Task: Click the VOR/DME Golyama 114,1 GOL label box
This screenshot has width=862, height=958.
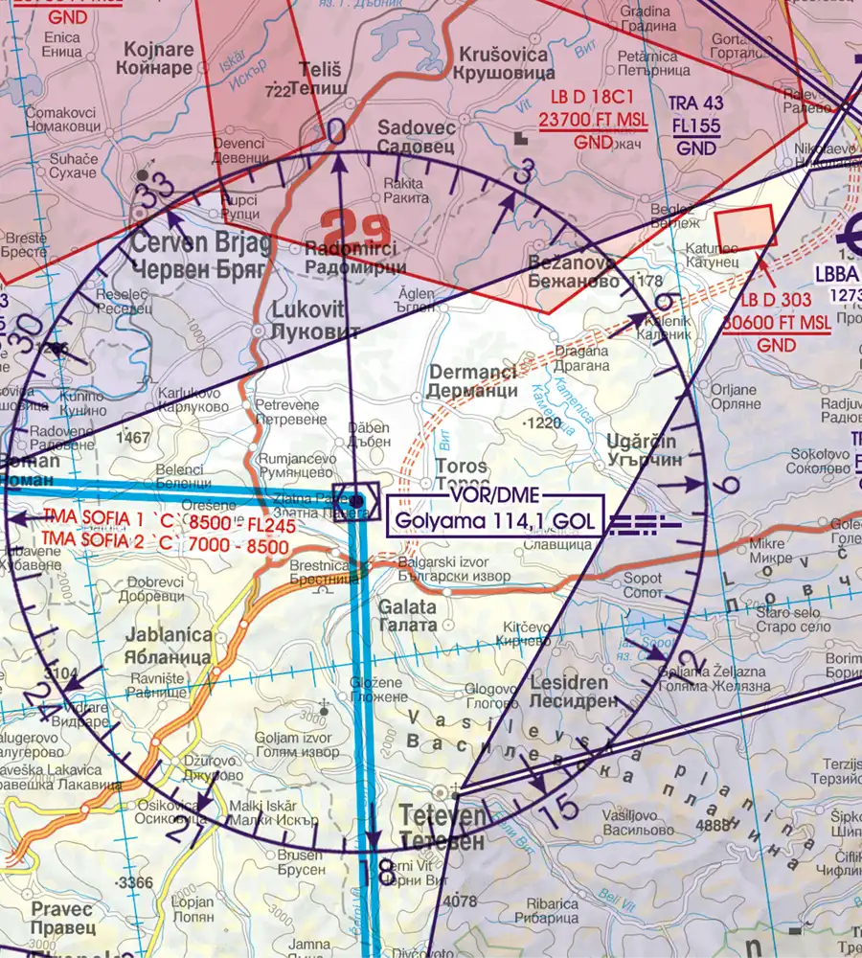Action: coord(494,515)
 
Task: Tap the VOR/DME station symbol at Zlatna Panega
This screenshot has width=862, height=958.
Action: coord(356,499)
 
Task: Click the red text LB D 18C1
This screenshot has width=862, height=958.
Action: coord(593,101)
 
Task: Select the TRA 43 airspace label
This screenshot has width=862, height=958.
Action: coord(696,102)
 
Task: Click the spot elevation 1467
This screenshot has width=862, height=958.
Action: coord(132,438)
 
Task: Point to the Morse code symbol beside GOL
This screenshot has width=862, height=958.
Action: coord(644,523)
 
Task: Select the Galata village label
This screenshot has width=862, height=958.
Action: coord(407,615)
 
